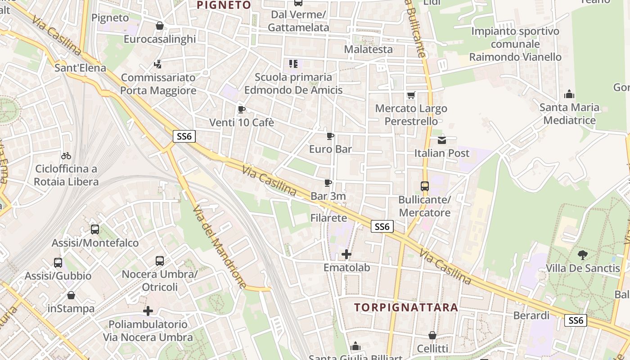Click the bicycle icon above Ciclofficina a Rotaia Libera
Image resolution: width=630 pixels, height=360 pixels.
click(x=66, y=156)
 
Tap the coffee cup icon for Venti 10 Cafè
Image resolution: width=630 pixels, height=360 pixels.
click(x=241, y=109)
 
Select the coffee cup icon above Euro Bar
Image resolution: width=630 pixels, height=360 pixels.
click(x=330, y=136)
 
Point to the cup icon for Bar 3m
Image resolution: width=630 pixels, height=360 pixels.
click(x=328, y=183)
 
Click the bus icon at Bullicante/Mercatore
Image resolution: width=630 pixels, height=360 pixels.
click(x=424, y=186)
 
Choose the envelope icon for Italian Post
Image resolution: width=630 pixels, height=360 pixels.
click(x=441, y=140)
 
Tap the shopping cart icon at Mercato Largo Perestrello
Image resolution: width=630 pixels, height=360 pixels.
click(x=411, y=95)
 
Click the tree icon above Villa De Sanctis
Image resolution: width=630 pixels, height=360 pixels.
click(x=583, y=255)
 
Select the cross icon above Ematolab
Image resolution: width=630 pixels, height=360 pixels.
click(x=346, y=254)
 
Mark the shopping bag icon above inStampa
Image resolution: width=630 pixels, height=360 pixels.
click(x=71, y=296)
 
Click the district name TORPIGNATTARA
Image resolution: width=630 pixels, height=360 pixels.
click(x=406, y=308)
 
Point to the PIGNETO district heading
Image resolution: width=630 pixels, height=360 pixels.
click(x=224, y=5)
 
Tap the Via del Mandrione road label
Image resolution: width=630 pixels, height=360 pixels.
click(x=220, y=247)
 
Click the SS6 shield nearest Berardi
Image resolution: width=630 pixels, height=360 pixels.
click(x=576, y=320)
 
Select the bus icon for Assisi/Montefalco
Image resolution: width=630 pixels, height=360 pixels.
click(x=95, y=229)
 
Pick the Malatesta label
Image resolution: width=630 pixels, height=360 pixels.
click(x=368, y=49)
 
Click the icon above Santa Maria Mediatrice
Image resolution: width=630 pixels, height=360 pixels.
click(x=569, y=94)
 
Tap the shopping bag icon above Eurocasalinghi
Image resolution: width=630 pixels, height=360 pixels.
click(x=159, y=26)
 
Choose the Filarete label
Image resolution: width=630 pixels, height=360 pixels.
click(x=328, y=218)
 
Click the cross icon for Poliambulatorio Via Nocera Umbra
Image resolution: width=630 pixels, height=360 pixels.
click(x=148, y=311)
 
